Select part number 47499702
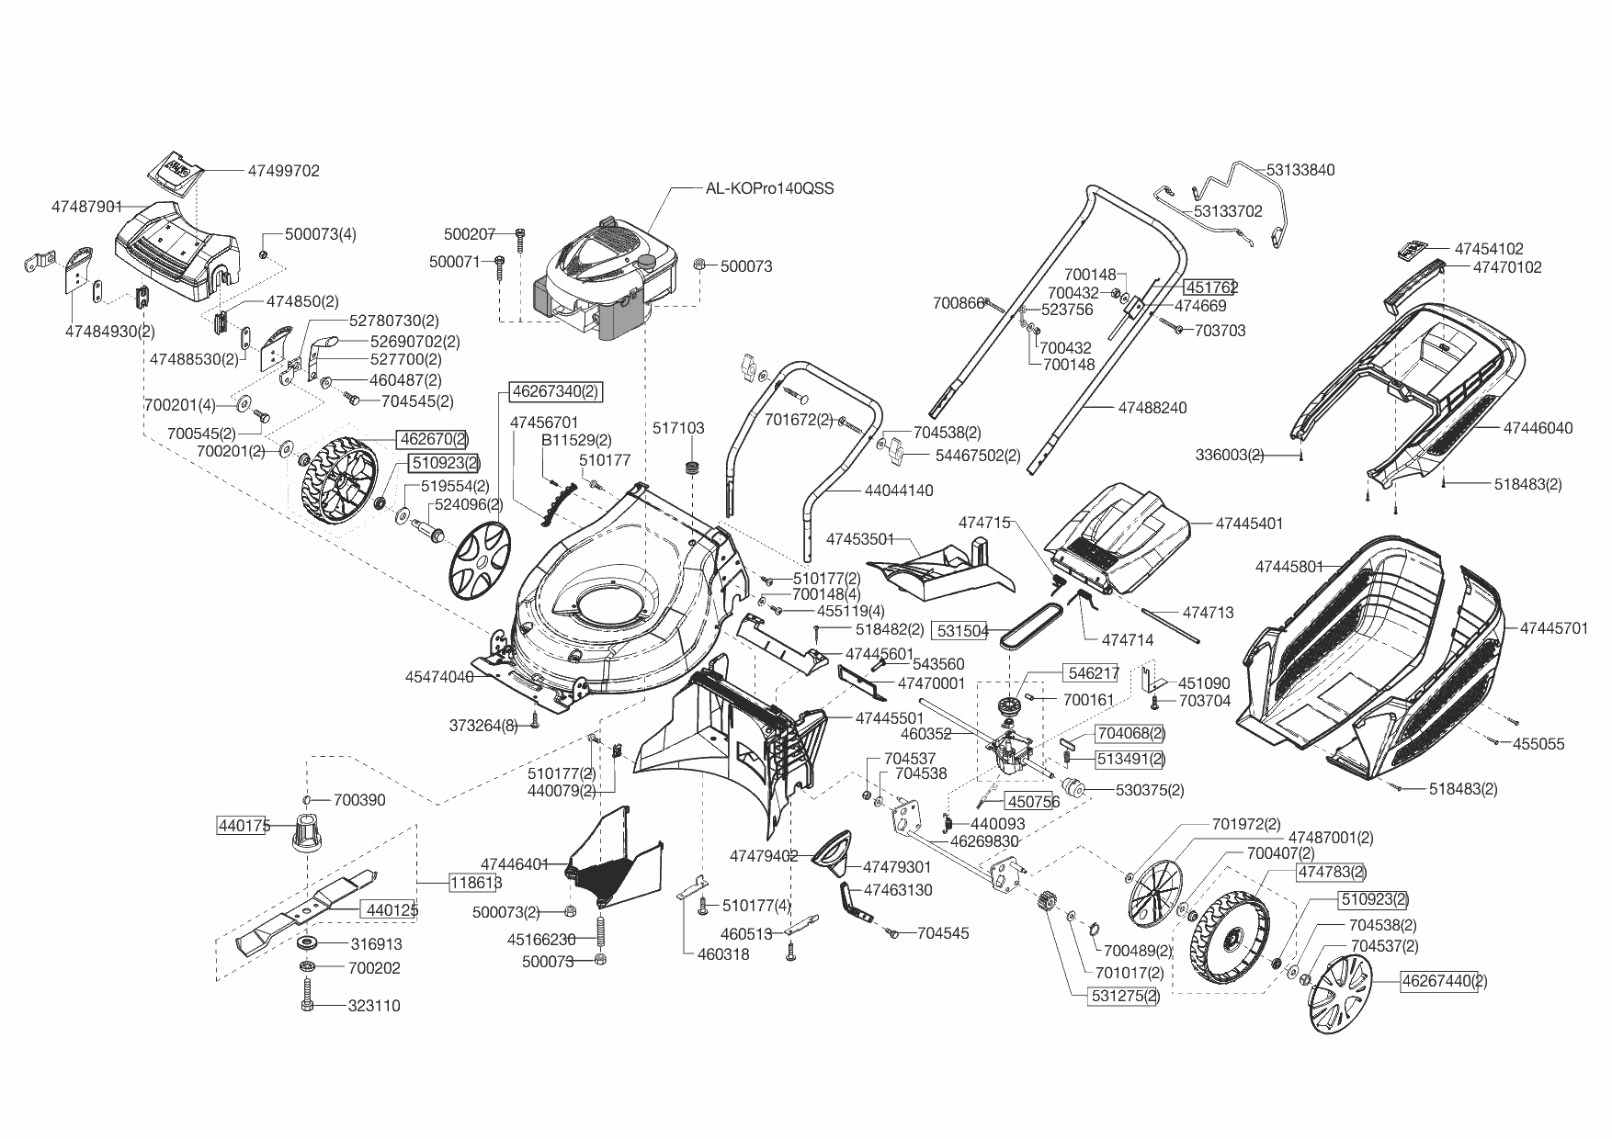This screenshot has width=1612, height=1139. click(284, 171)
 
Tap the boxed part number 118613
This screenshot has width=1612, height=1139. click(475, 883)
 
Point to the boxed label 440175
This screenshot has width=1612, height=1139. click(244, 825)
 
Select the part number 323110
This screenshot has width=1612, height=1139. click(374, 1006)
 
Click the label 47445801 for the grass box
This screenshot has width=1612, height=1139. click(1289, 567)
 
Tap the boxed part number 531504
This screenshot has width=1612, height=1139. click(961, 630)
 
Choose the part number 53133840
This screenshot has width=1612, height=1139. click(1300, 170)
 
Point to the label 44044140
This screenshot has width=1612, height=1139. click(899, 491)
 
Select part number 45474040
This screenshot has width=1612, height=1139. click(439, 677)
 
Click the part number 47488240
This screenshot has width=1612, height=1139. click(1152, 407)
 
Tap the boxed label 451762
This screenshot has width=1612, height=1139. click(1211, 287)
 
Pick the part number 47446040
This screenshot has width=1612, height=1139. click(1538, 427)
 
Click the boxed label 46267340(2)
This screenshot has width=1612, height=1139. click(555, 391)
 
